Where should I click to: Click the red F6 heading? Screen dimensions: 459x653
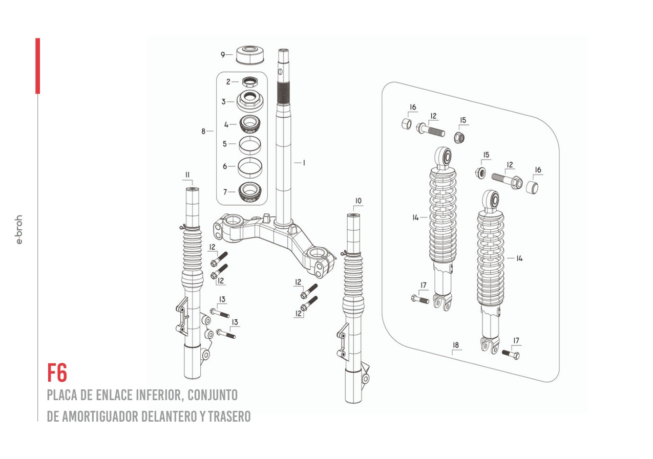(x=57, y=373)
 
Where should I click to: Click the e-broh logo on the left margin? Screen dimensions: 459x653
(x=19, y=229)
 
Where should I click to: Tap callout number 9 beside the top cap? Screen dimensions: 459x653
(x=223, y=55)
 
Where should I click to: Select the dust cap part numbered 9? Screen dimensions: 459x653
(x=251, y=55)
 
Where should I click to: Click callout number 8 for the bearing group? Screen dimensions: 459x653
(x=203, y=132)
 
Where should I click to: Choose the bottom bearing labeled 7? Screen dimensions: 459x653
(x=250, y=192)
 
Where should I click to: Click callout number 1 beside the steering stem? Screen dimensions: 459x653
(x=304, y=163)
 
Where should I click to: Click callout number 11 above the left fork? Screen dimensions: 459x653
(x=187, y=175)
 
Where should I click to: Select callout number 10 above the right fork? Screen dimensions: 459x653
(x=358, y=201)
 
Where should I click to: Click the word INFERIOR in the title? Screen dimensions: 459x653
(x=158, y=395)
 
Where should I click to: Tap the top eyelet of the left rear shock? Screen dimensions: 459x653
(x=444, y=157)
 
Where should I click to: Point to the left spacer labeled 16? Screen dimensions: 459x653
(x=406, y=124)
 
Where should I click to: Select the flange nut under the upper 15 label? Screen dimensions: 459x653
(x=460, y=137)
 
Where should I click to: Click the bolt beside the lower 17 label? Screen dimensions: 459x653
(x=511, y=354)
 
